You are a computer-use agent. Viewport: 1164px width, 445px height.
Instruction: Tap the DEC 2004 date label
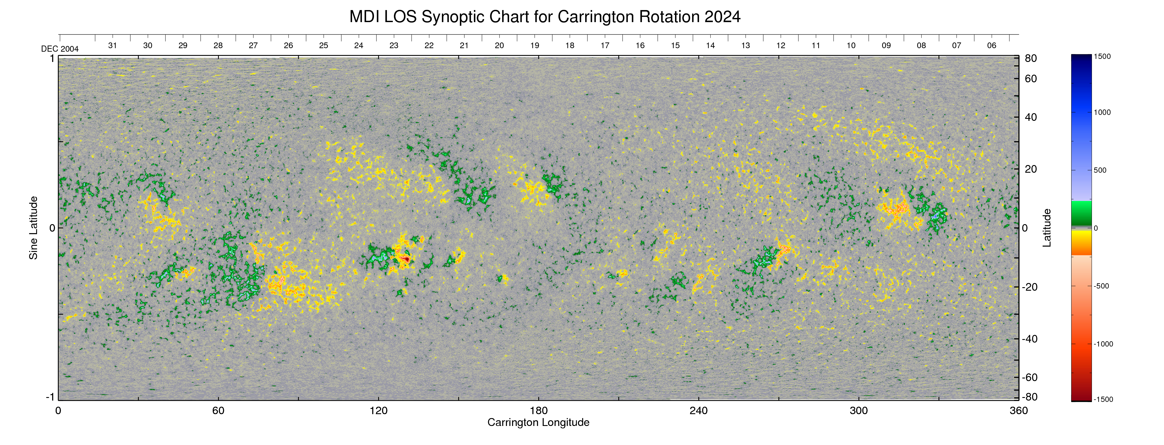[x=60, y=49]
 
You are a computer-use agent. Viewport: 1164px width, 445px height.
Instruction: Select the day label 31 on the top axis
[x=113, y=46]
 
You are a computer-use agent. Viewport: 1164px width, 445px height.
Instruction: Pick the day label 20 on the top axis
[x=499, y=46]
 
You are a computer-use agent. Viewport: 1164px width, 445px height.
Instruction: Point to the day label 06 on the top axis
[x=991, y=46]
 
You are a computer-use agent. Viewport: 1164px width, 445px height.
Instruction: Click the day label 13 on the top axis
[x=746, y=46]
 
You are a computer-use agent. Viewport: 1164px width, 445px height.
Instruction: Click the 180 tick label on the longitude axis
[x=539, y=411]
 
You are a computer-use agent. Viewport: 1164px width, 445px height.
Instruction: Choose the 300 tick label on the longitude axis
[x=859, y=411]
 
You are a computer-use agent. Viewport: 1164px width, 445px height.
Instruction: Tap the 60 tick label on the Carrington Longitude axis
[x=218, y=411]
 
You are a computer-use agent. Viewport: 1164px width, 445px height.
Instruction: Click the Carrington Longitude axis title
[x=538, y=422]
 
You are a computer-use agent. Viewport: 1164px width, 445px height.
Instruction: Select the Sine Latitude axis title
[x=34, y=228]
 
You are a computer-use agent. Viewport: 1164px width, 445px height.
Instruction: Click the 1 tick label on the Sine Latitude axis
[x=52, y=59]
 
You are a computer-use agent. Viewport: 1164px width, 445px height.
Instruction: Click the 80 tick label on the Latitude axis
[x=1031, y=59]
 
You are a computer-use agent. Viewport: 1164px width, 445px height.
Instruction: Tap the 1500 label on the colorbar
[x=1102, y=56]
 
